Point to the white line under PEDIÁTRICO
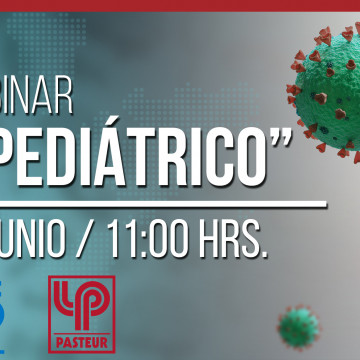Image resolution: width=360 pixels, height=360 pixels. (x=160, y=205)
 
